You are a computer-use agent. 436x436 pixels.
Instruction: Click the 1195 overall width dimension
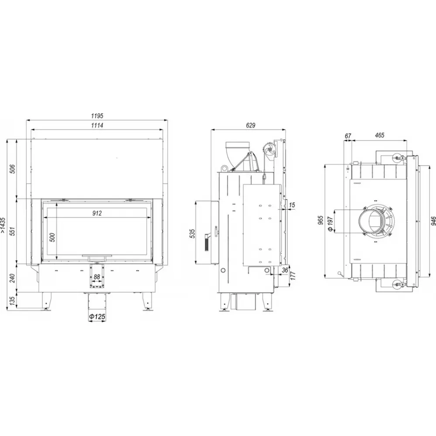97,116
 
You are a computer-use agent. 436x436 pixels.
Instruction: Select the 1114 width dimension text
97,126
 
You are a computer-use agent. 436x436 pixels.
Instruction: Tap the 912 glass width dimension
97,213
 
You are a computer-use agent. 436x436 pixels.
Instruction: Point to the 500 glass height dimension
52,237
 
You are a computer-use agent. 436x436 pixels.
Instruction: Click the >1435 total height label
3,225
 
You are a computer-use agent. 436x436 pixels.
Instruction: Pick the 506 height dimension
13,169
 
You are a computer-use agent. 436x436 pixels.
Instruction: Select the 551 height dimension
13,231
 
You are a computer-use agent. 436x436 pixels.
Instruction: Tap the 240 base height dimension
13,278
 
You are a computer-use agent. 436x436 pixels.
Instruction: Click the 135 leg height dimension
13,300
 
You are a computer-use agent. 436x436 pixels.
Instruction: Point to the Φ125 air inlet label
97,317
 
